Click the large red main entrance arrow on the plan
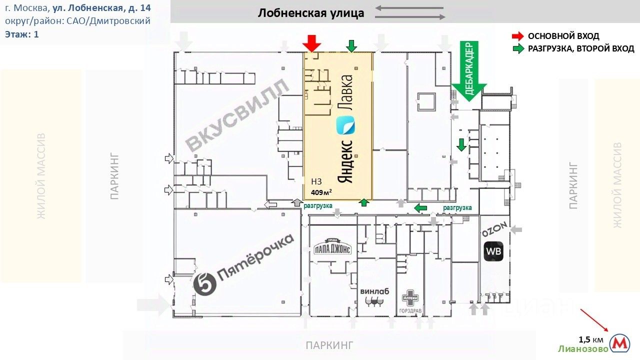tap(311, 43)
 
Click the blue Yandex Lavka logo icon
tap(345, 125)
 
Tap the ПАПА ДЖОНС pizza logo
tap(333, 248)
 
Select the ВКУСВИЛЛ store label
tap(237, 115)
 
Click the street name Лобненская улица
tap(311, 13)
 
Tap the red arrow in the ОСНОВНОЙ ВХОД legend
tap(518, 36)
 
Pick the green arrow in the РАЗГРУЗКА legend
tap(518, 48)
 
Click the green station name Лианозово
tap(583, 348)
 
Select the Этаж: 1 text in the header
tap(22, 34)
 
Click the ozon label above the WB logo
tap(496, 230)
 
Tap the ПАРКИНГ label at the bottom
tap(329, 344)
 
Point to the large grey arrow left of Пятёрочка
tap(153, 304)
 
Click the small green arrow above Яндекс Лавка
tap(351, 46)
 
